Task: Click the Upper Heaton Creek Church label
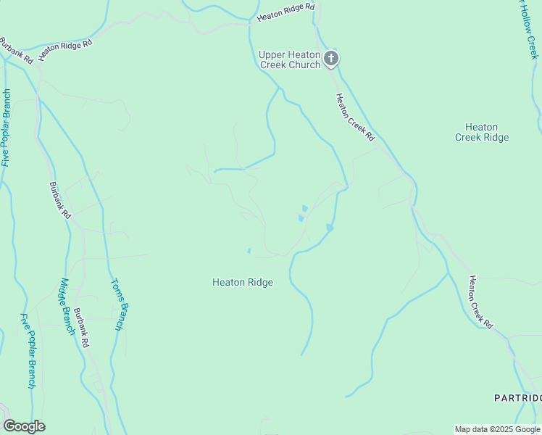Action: (290, 59)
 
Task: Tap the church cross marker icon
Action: (331, 59)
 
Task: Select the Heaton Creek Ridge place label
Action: (482, 132)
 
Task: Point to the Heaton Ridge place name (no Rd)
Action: (242, 282)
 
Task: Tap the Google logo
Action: (24, 426)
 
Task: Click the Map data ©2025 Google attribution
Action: (497, 429)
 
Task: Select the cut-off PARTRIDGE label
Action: (517, 398)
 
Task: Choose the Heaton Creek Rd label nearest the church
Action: (355, 117)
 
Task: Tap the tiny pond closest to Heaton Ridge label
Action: (249, 252)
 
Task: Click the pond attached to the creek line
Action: (330, 228)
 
